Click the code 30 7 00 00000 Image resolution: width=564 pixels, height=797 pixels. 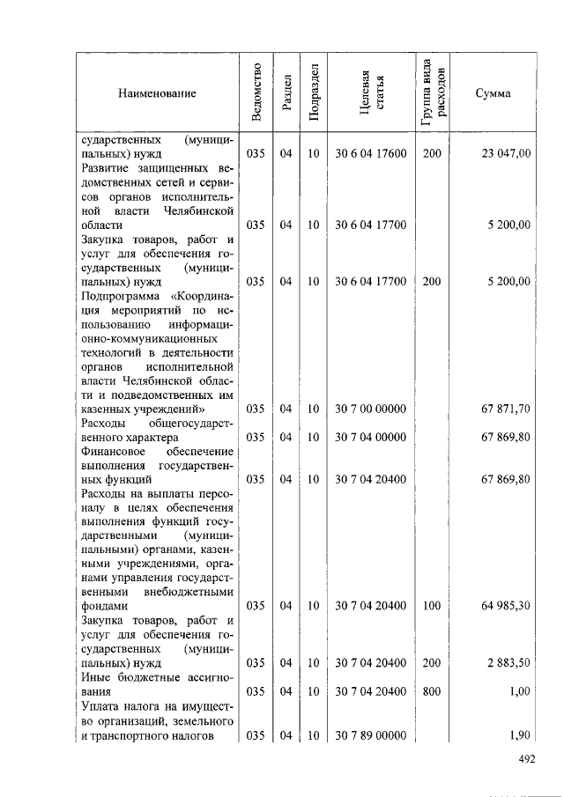[x=370, y=410]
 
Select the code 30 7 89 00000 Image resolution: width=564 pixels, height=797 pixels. [x=370, y=735]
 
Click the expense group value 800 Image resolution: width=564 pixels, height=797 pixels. [x=431, y=692]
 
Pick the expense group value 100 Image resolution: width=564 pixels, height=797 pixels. [x=431, y=607]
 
